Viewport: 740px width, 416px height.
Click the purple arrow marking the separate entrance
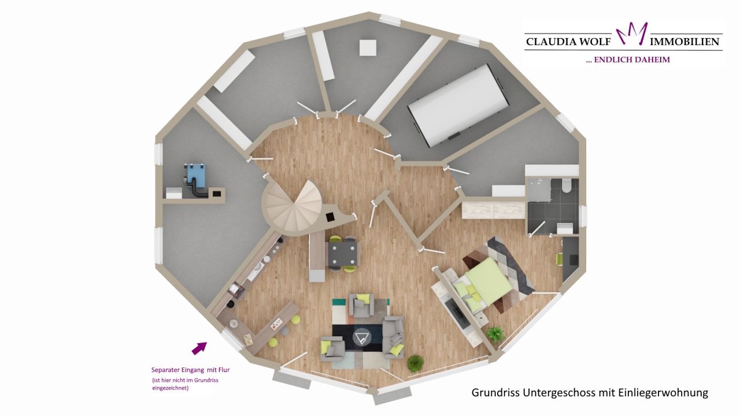(199, 347)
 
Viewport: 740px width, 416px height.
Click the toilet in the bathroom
(567, 185)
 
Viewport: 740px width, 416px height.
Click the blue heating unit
(195, 172)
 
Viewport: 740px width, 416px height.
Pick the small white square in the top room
(368, 47)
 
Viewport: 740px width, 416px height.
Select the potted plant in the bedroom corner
(495, 334)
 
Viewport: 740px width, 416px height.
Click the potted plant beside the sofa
(415, 363)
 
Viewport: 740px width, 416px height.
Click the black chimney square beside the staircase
(330, 217)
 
